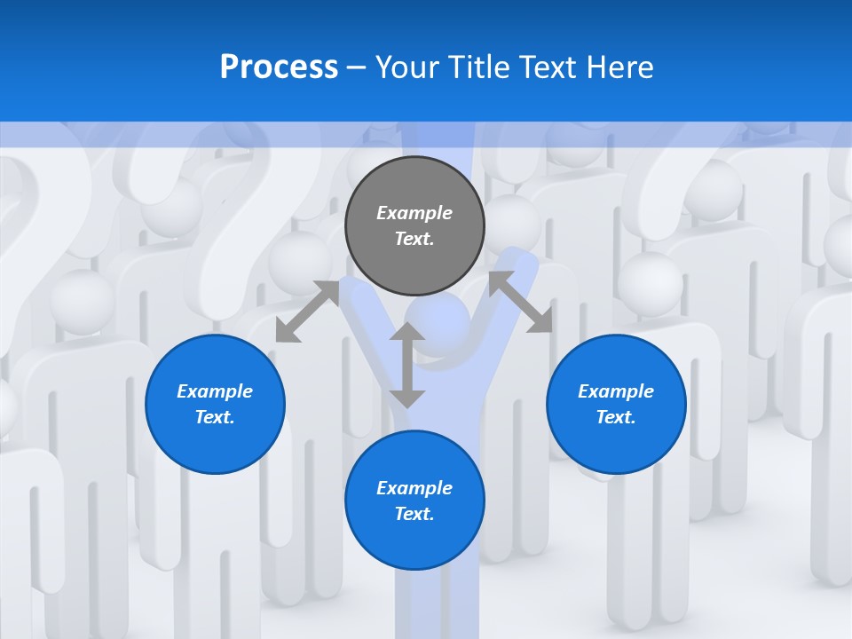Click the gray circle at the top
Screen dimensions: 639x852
[x=414, y=225]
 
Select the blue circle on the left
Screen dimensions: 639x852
[x=215, y=404]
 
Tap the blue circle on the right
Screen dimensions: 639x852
[x=616, y=404]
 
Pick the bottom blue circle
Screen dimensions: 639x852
[x=414, y=501]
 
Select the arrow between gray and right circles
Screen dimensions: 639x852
[x=520, y=302]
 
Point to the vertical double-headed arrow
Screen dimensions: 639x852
[x=407, y=365]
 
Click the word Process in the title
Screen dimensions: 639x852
[x=279, y=67]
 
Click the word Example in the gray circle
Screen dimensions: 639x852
[x=414, y=213]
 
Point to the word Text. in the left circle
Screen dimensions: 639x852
[x=215, y=417]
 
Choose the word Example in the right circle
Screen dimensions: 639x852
[x=616, y=391]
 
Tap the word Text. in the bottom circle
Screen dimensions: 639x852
[x=414, y=514]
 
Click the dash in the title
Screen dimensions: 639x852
[x=357, y=67]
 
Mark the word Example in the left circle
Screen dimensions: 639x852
[x=215, y=391]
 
